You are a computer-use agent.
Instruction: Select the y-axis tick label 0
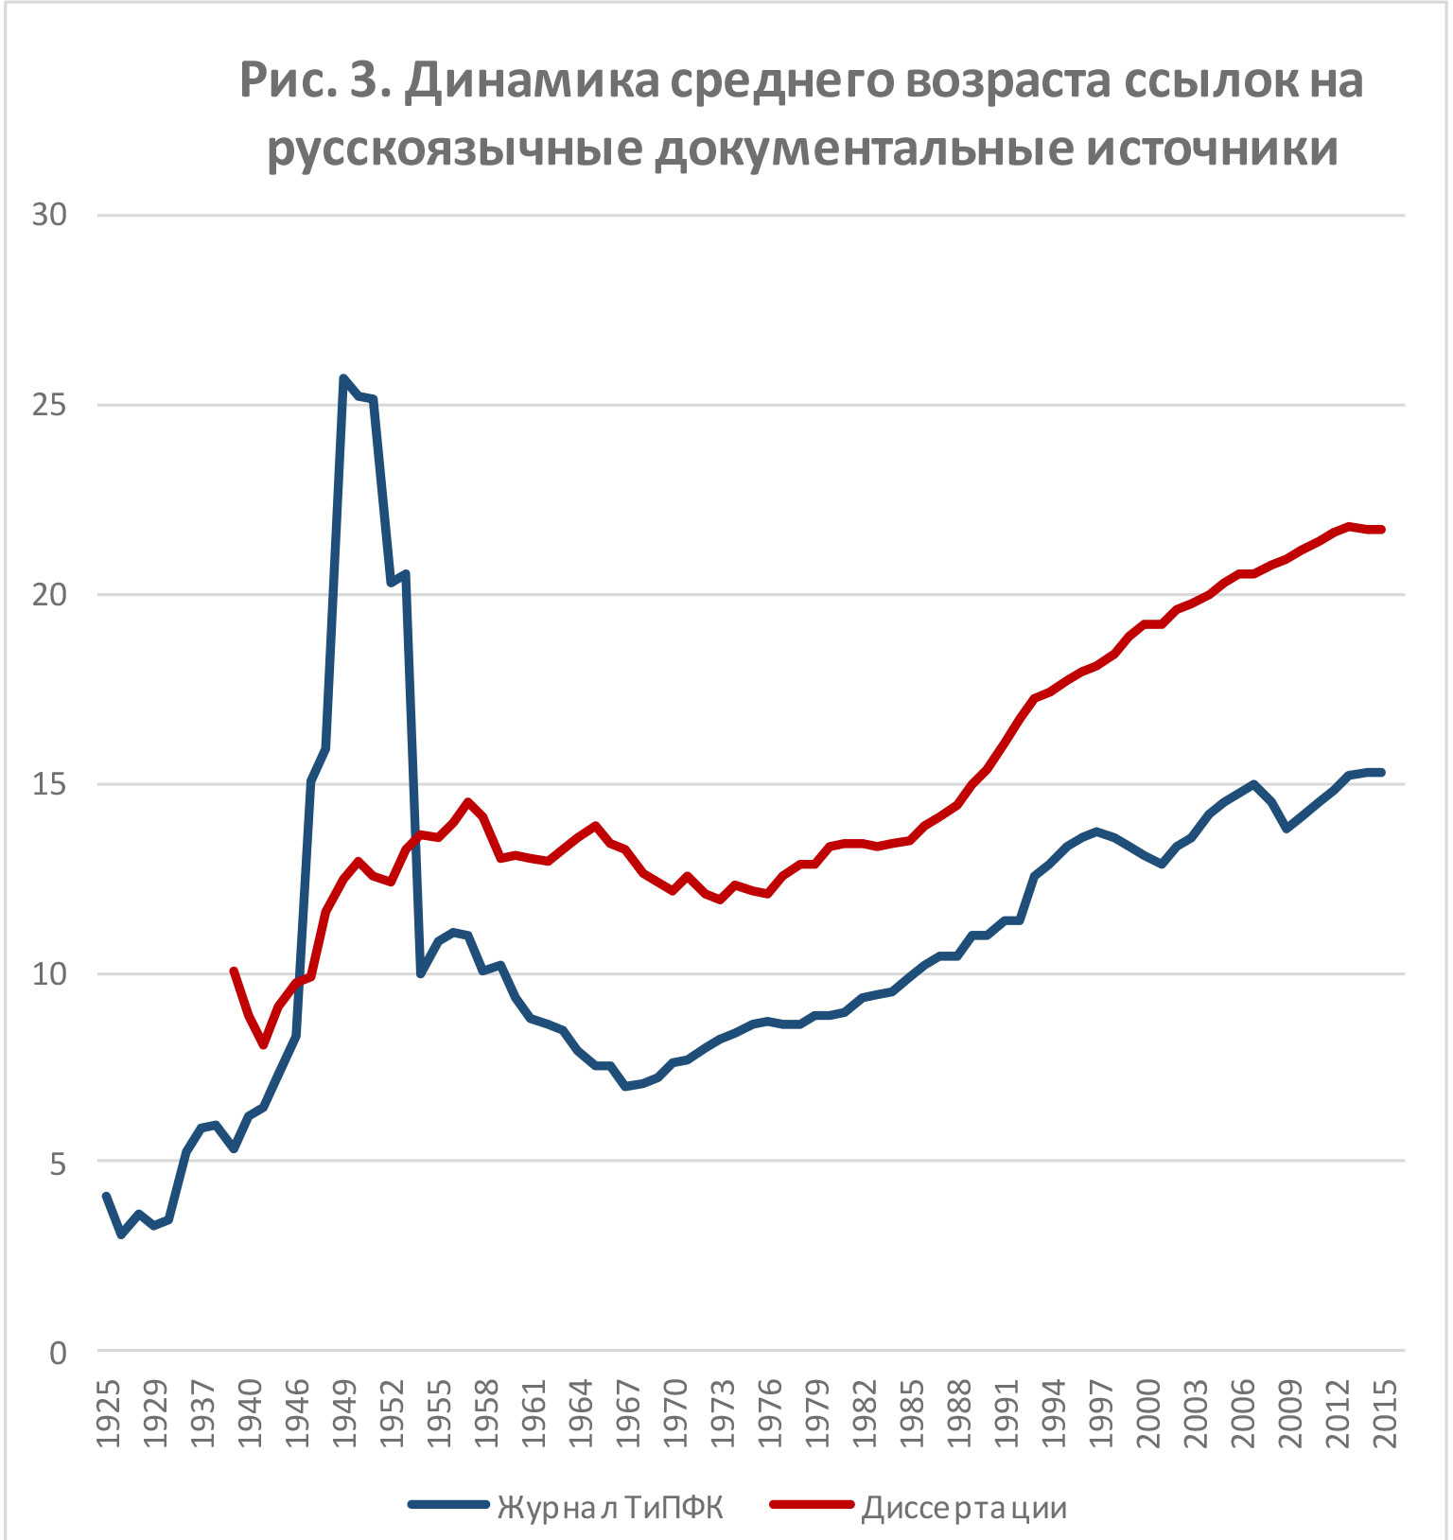(x=59, y=1353)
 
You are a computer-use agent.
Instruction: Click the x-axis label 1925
(x=109, y=1414)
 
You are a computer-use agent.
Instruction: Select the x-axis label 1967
(x=628, y=1414)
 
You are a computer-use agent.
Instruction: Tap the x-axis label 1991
(x=1006, y=1414)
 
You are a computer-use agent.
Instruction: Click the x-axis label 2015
(x=1384, y=1414)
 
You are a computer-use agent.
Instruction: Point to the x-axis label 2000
(x=1147, y=1414)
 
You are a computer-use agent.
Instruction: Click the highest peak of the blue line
(x=343, y=378)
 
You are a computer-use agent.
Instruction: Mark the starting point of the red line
(x=234, y=971)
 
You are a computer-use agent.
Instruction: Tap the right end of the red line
(x=1382, y=530)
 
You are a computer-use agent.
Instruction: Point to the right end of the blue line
(x=1382, y=773)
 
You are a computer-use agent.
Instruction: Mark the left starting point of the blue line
(x=106, y=1197)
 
